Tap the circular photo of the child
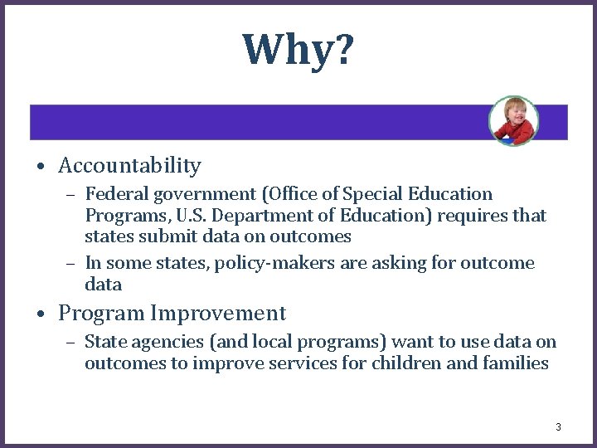[x=513, y=121]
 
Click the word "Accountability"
[x=129, y=166]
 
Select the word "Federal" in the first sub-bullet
[x=113, y=194]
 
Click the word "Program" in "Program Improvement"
[x=102, y=314]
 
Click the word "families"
[x=515, y=363]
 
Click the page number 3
[x=558, y=427]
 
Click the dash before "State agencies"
[x=71, y=342]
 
